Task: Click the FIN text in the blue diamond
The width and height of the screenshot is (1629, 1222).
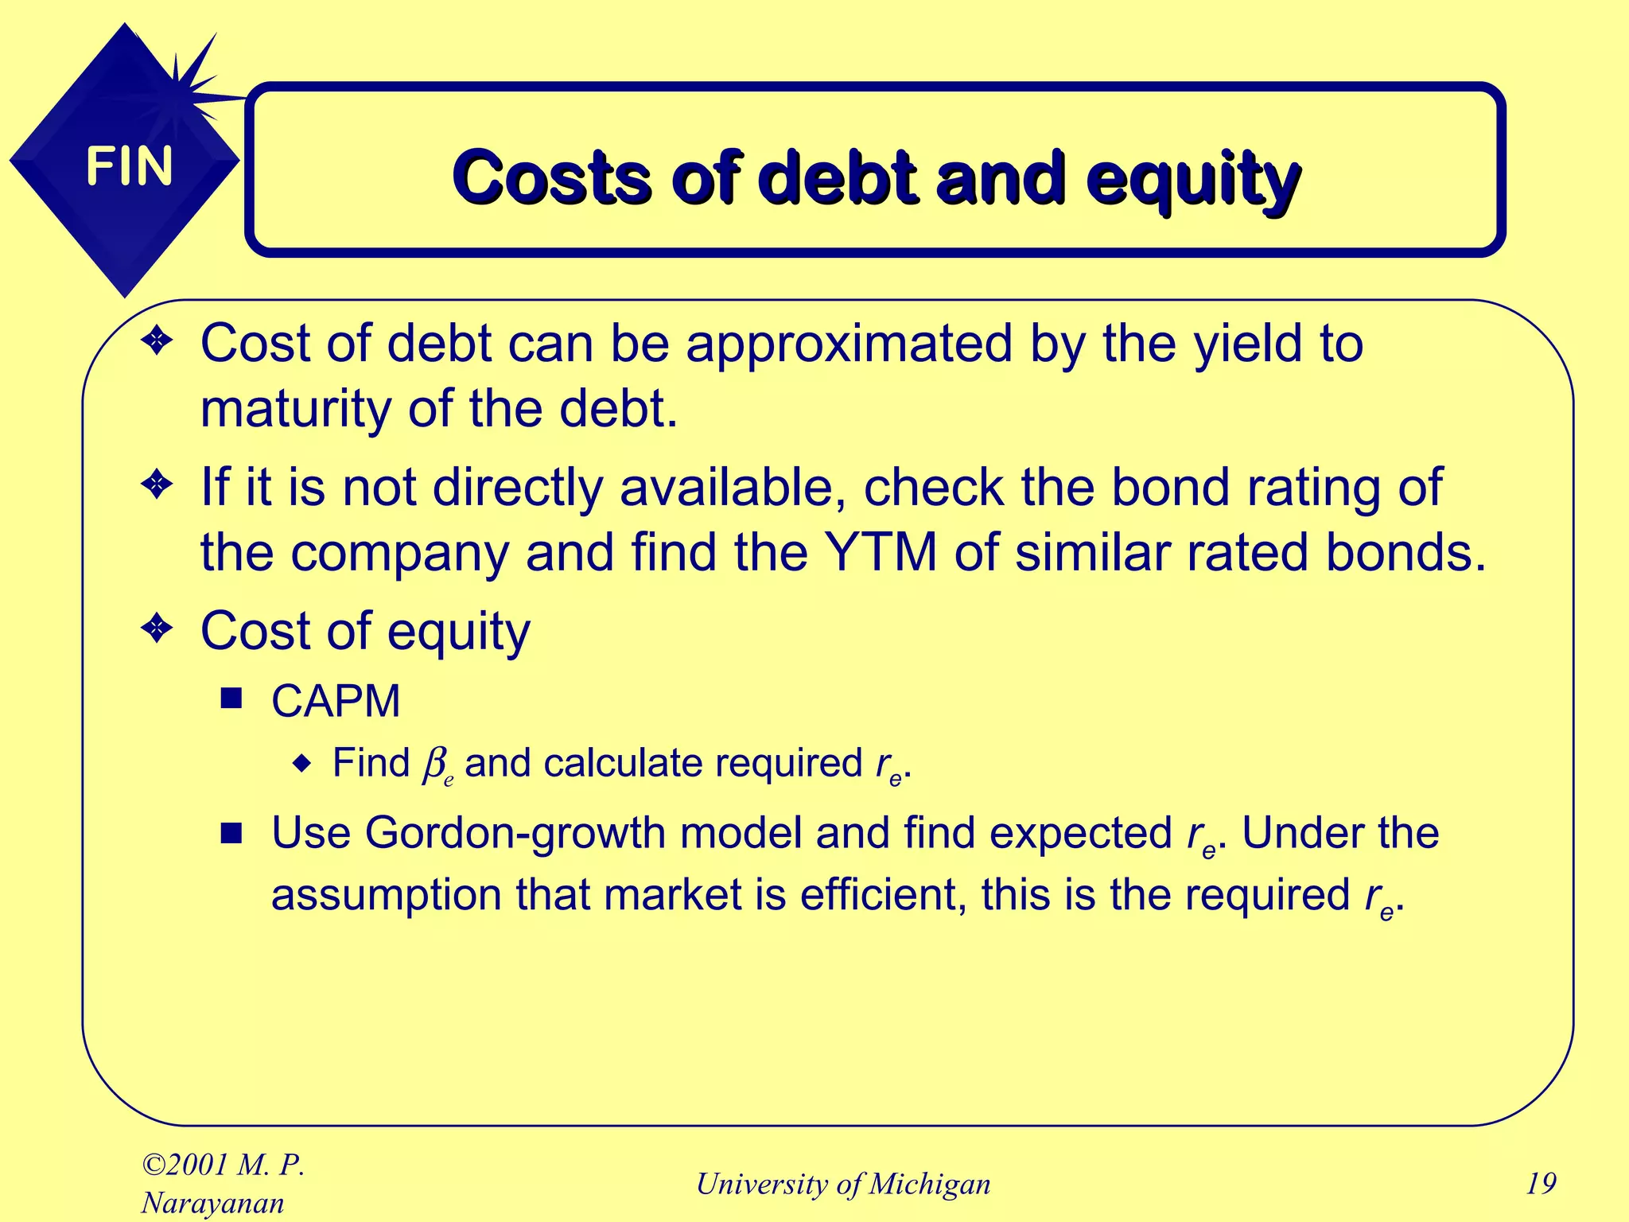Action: click(x=129, y=166)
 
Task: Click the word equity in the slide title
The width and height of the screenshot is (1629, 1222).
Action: click(x=1193, y=179)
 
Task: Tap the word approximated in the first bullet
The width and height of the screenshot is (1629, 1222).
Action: click(x=849, y=344)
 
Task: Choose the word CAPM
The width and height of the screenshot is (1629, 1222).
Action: click(x=336, y=701)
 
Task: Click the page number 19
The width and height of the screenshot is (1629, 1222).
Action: click(x=1541, y=1184)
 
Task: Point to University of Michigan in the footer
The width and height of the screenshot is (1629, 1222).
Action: click(x=843, y=1184)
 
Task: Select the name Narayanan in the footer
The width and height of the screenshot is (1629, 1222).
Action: click(x=212, y=1203)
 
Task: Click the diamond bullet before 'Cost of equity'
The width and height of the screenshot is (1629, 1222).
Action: click(x=157, y=629)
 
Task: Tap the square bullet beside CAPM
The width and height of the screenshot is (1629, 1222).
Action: click(x=231, y=699)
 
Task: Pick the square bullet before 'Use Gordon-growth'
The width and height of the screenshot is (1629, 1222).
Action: click(x=231, y=833)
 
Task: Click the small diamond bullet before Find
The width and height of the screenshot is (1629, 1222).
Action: click(x=302, y=764)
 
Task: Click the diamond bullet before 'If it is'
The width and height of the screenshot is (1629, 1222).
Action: click(x=157, y=485)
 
